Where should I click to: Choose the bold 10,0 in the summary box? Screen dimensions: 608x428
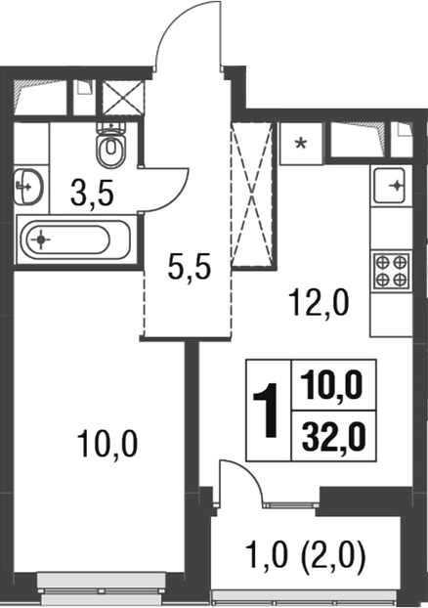pos(327,392)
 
